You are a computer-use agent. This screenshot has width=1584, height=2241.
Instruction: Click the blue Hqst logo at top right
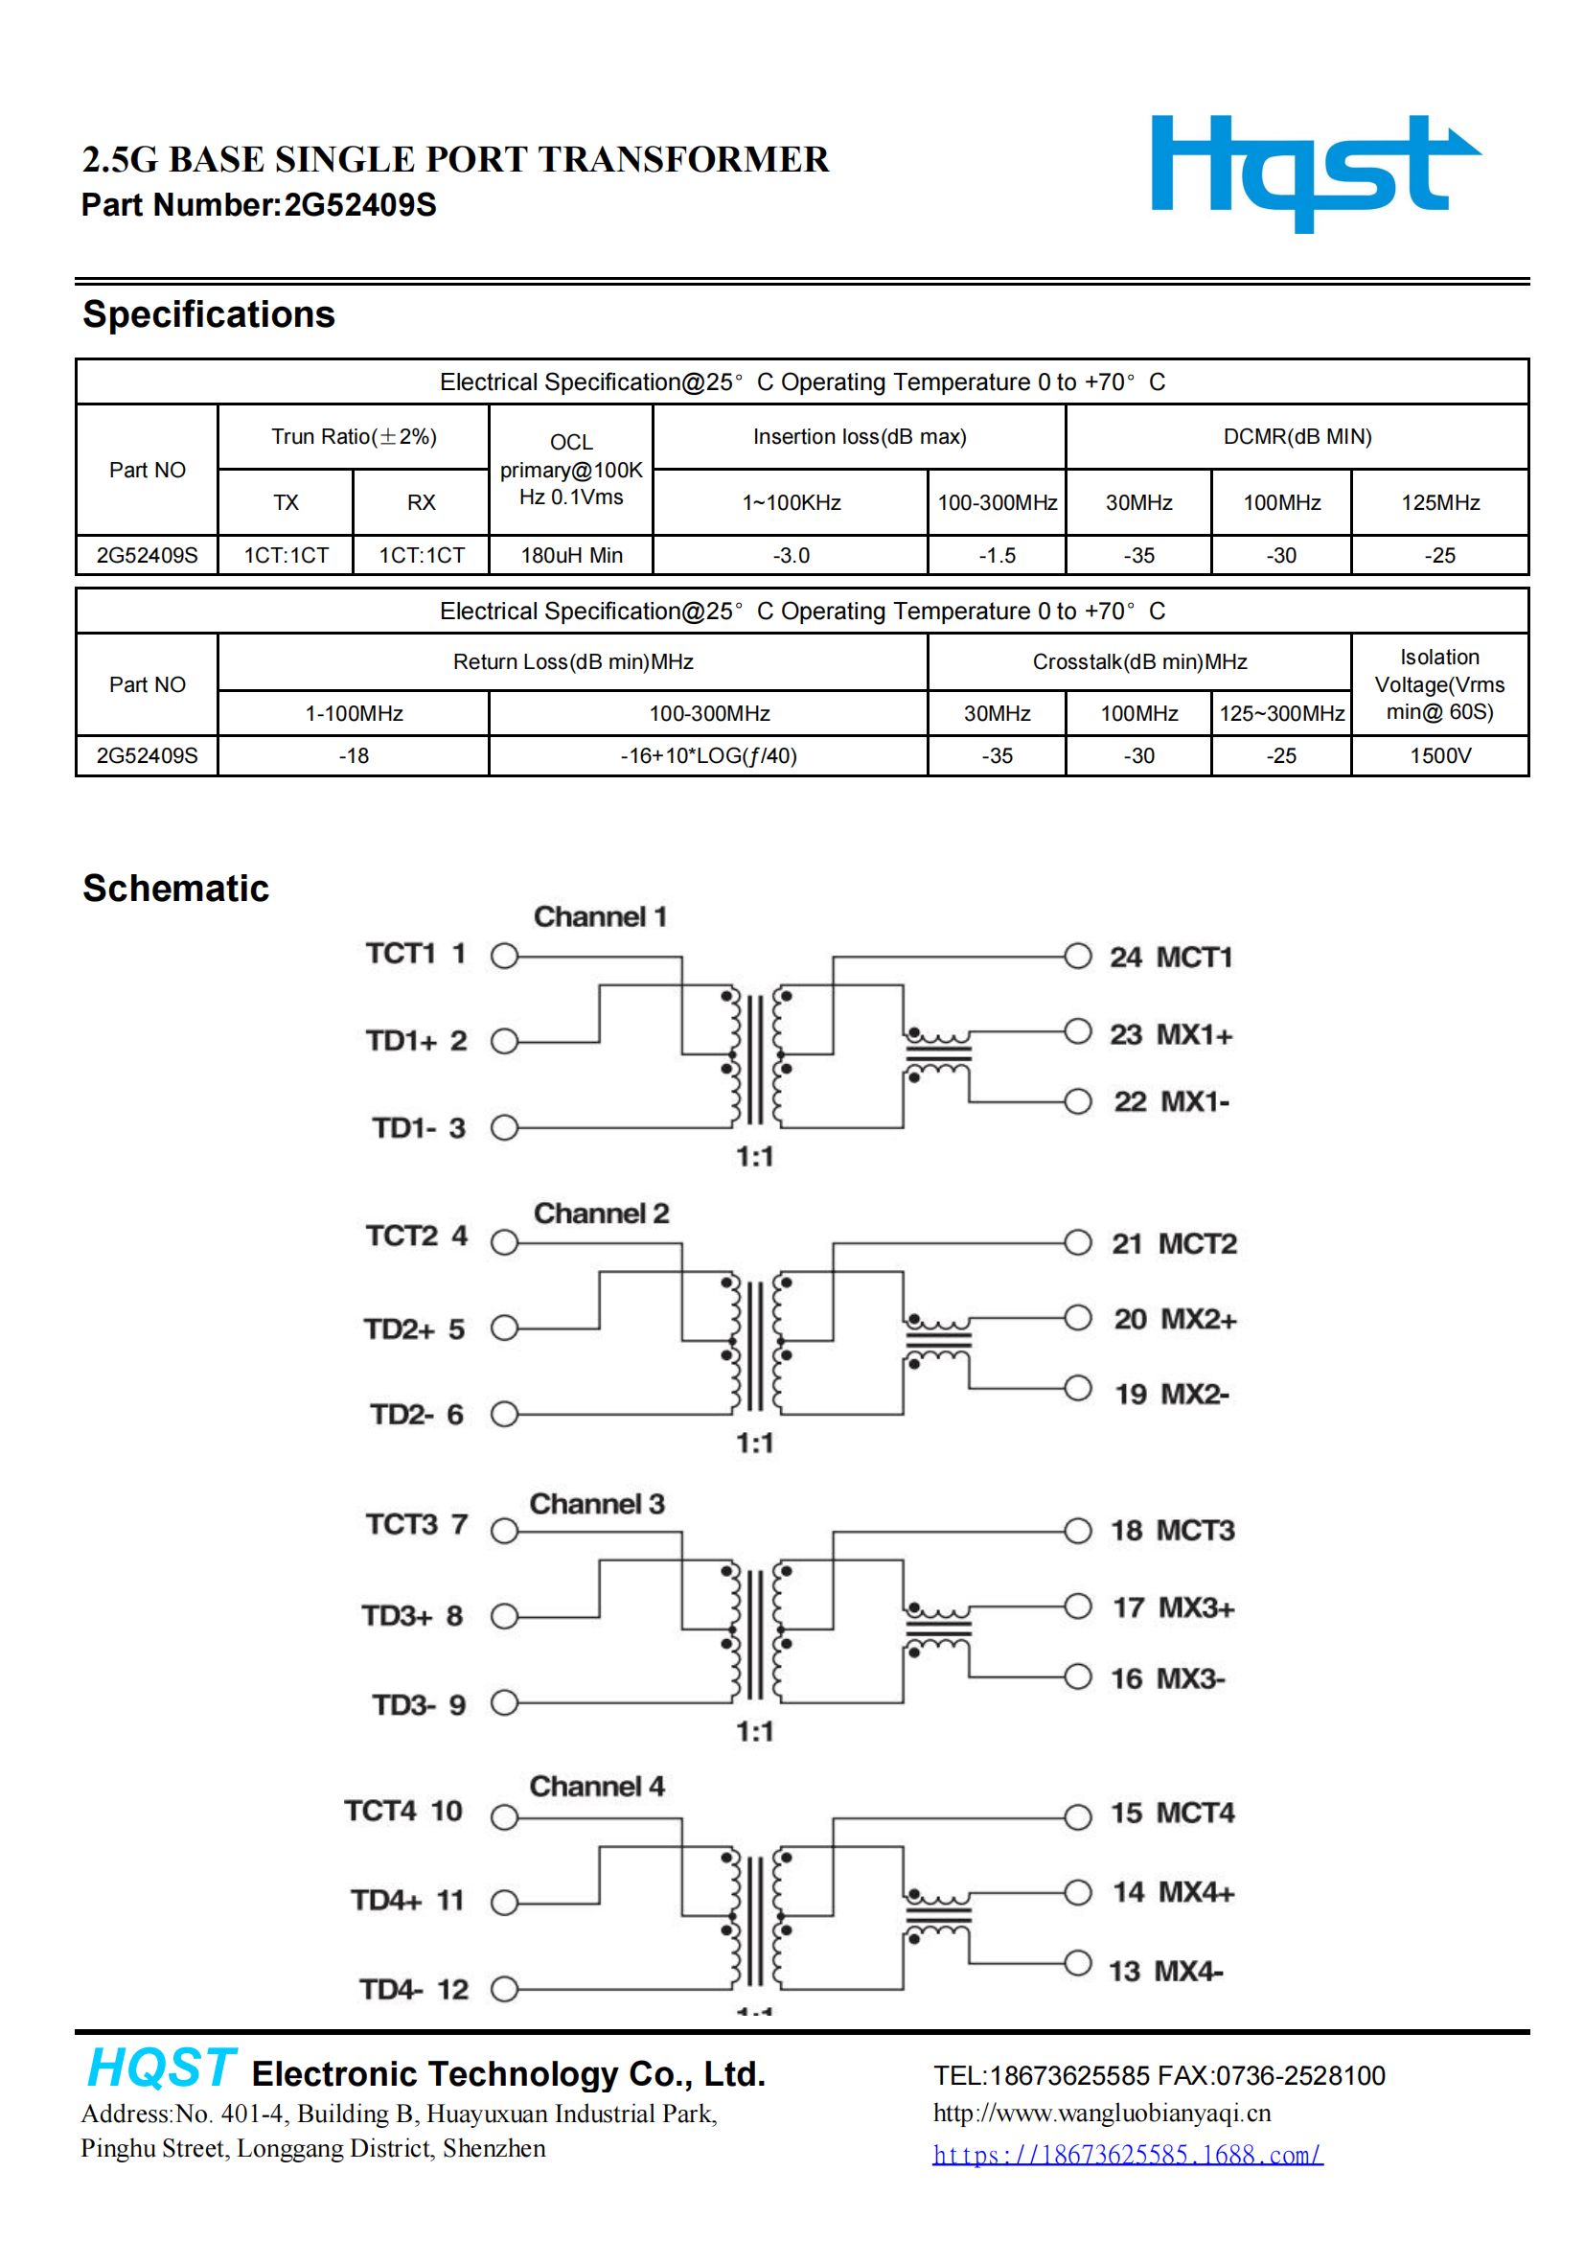[1316, 173]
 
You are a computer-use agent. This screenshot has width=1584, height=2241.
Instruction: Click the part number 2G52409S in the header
[360, 205]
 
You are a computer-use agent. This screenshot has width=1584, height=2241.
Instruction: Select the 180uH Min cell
[571, 555]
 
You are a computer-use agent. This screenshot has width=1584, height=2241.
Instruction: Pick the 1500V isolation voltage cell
[1439, 755]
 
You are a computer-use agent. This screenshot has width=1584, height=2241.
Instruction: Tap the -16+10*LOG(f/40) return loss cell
[708, 755]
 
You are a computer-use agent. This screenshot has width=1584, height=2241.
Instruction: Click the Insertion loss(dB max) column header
[859, 436]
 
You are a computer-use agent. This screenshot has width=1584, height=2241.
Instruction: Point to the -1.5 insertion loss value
[997, 555]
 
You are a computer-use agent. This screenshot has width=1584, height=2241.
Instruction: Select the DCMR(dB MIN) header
[1297, 436]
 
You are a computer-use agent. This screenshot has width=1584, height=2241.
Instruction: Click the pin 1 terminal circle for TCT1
[504, 956]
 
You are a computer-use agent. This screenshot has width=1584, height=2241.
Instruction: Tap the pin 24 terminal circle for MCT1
[1077, 956]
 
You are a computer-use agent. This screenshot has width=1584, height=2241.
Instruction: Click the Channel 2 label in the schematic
[601, 1213]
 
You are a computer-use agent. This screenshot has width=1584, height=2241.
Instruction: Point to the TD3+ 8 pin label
[412, 1615]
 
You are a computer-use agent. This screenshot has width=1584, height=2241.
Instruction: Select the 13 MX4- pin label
[1165, 1971]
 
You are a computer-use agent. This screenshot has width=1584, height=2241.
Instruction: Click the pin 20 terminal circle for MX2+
[1077, 1318]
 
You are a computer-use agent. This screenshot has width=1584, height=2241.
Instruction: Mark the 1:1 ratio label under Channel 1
[754, 1157]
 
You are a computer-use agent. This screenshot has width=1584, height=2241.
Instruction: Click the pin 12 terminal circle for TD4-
[504, 1989]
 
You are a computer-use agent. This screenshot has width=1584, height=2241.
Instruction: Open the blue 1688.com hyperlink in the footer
[1127, 2154]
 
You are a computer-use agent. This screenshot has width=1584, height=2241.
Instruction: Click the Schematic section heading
[175, 889]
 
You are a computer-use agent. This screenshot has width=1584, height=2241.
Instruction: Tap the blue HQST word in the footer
[162, 2068]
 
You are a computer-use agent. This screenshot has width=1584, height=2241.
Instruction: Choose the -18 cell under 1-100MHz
[354, 755]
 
